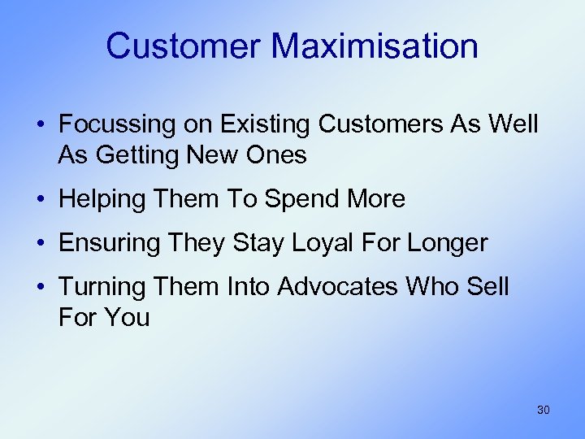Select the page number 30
(x=544, y=410)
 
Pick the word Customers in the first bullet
(x=379, y=124)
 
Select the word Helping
(x=100, y=199)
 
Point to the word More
(x=375, y=199)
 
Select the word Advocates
(x=337, y=287)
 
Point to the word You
(x=126, y=317)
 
